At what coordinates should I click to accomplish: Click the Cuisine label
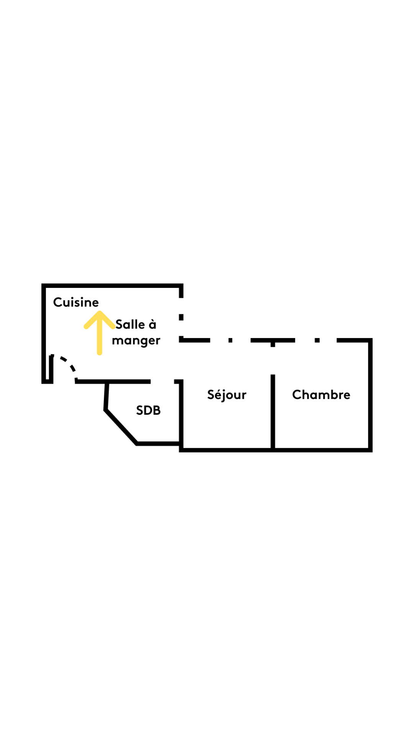click(76, 302)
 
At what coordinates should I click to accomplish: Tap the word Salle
click(130, 325)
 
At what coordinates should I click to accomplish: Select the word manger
click(136, 341)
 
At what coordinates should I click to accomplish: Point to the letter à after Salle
click(153, 325)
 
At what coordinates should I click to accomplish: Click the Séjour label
click(227, 395)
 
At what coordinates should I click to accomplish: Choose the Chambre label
click(321, 395)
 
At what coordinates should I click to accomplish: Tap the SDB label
click(148, 411)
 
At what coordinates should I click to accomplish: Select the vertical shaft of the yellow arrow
click(99, 339)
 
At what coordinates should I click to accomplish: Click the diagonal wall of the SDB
click(121, 427)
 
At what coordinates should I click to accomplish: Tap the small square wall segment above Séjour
click(230, 340)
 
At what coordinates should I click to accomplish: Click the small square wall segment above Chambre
click(317, 340)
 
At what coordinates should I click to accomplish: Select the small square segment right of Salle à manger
click(181, 317)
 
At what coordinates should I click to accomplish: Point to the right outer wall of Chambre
click(370, 395)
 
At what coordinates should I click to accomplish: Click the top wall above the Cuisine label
click(111, 286)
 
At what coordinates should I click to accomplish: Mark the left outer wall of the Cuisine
click(44, 330)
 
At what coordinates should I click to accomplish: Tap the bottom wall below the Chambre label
click(322, 450)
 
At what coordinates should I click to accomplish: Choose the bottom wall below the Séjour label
click(226, 450)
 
